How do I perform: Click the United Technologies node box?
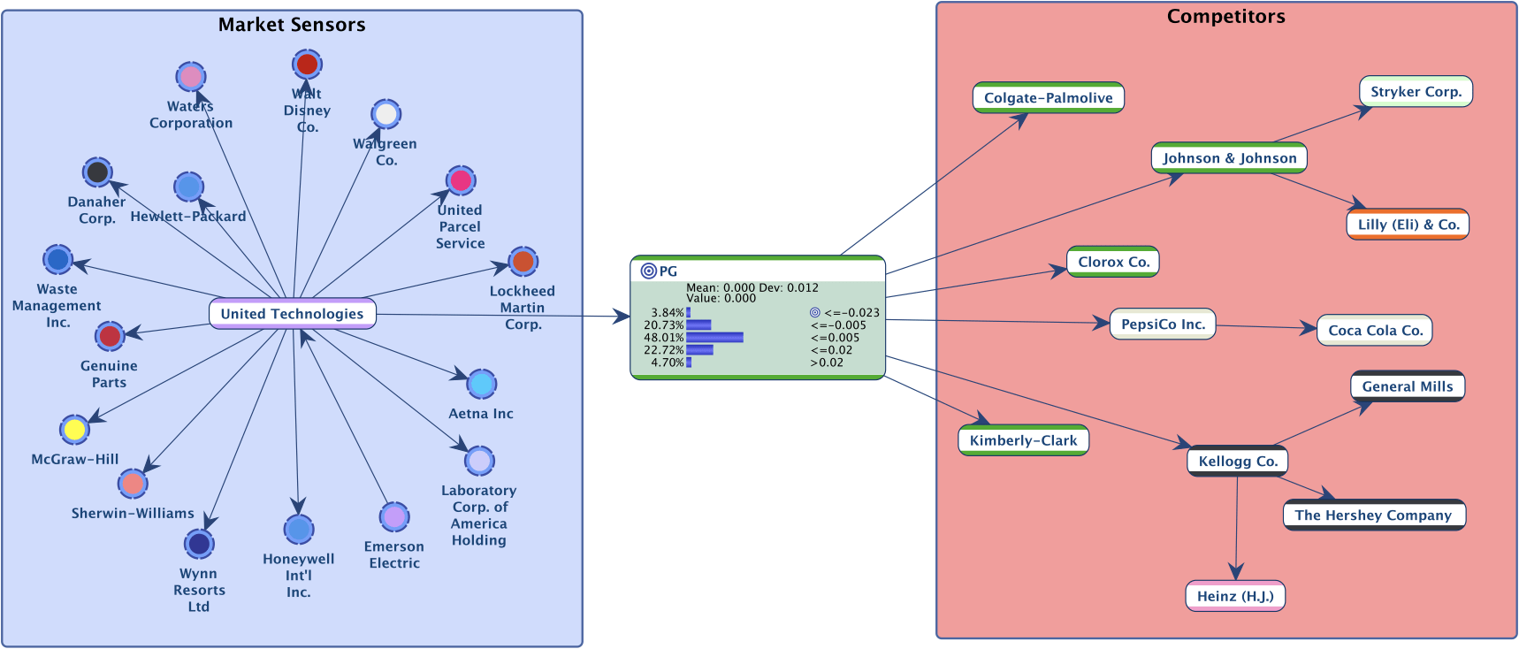click(292, 314)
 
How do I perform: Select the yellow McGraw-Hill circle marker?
click(74, 430)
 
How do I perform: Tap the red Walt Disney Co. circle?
click(307, 64)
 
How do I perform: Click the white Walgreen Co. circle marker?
click(385, 114)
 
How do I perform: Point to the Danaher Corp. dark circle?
click(97, 172)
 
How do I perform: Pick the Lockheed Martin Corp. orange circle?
click(523, 262)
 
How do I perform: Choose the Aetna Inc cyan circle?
click(481, 384)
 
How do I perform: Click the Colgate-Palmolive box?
click(1048, 98)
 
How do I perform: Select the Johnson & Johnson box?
click(1229, 158)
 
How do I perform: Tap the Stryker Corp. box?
click(1416, 92)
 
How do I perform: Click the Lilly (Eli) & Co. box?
click(1408, 225)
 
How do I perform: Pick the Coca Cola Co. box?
click(1375, 331)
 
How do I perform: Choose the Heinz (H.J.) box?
click(1235, 596)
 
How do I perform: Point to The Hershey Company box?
click(1373, 515)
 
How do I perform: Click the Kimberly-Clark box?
click(1023, 440)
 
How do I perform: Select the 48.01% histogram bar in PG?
click(714, 338)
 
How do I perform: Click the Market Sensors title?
click(292, 25)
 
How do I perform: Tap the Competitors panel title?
click(1225, 17)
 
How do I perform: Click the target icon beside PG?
click(648, 271)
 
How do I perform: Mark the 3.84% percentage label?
click(668, 313)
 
